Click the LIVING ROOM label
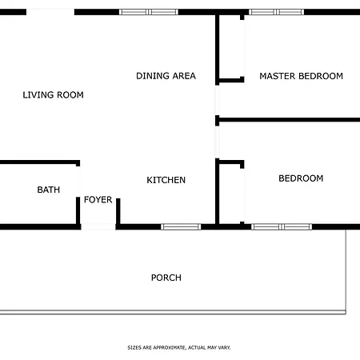(53, 95)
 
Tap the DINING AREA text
(166, 76)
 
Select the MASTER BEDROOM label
(301, 76)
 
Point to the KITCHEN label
(166, 180)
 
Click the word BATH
(49, 190)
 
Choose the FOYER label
(98, 199)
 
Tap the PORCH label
(166, 278)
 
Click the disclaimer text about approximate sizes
(179, 347)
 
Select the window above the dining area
(149, 12)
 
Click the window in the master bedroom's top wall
(276, 12)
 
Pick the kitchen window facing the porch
(181, 227)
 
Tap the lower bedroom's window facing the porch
(282, 227)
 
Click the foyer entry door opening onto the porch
(98, 227)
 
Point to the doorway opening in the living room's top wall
(50, 12)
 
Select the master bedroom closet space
(230, 46)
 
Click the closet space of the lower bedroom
(230, 194)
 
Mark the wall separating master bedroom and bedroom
(288, 120)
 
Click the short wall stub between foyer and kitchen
(118, 211)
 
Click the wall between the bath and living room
(40, 162)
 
